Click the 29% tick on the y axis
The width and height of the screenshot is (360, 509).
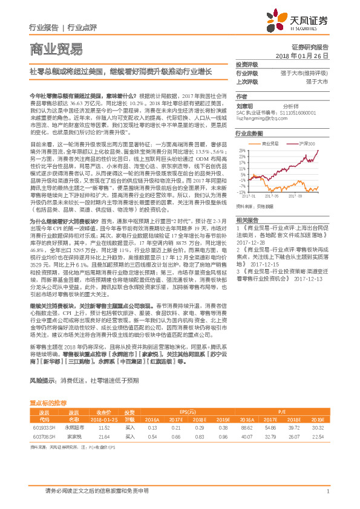point(242,149)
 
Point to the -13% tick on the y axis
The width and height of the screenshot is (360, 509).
point(242,192)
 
